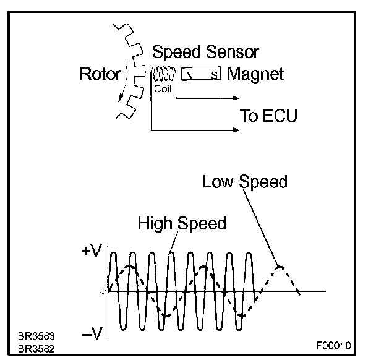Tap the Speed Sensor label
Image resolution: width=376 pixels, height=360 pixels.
coord(205,52)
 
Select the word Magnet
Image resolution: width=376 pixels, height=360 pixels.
coord(255,74)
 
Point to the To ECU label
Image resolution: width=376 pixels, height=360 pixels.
coord(268,116)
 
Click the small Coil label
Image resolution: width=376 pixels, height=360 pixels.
coord(162,89)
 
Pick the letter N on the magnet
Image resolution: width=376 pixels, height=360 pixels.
coord(189,75)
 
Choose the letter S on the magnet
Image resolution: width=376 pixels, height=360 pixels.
coord(214,75)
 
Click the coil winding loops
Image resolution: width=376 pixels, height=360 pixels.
coord(163,75)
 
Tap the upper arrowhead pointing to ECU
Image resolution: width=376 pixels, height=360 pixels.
coord(236,98)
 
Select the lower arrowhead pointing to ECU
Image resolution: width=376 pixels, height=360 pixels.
coord(236,130)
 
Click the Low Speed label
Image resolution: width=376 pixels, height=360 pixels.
coord(245,182)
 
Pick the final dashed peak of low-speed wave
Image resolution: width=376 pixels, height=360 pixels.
coord(279,267)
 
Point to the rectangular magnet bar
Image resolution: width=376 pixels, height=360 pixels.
coord(202,75)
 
